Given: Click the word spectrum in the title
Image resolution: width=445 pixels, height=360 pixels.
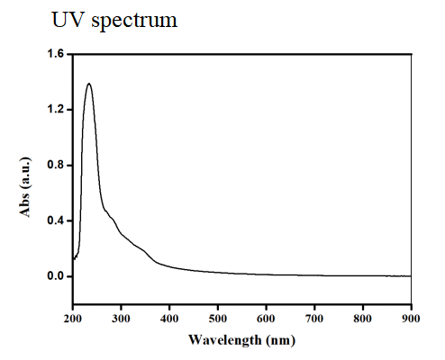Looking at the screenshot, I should click(x=132, y=21).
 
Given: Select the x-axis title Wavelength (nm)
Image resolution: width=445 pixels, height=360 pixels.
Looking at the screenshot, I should click(x=241, y=340).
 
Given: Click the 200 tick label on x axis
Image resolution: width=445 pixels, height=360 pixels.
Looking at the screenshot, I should click(x=73, y=318).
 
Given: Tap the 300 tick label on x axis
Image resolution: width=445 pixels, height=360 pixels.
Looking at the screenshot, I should click(x=122, y=318).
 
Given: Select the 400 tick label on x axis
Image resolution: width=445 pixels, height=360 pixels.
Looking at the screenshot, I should click(x=169, y=318).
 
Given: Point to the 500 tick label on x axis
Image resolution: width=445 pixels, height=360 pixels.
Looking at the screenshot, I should click(x=218, y=318).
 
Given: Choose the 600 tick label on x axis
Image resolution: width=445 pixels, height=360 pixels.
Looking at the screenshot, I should click(x=267, y=318).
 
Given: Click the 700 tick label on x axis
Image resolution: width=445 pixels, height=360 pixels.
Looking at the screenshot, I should click(x=314, y=318).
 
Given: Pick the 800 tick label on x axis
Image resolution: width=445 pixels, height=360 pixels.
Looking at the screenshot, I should click(x=363, y=318).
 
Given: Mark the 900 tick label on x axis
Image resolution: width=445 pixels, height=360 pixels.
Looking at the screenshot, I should click(x=411, y=318).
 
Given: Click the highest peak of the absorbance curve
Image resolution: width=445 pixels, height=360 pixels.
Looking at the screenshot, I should click(x=88, y=84).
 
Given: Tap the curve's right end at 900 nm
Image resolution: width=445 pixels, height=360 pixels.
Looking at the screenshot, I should click(x=411, y=276).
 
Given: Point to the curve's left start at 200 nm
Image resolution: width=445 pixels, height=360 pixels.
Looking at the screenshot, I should click(x=74, y=258).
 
